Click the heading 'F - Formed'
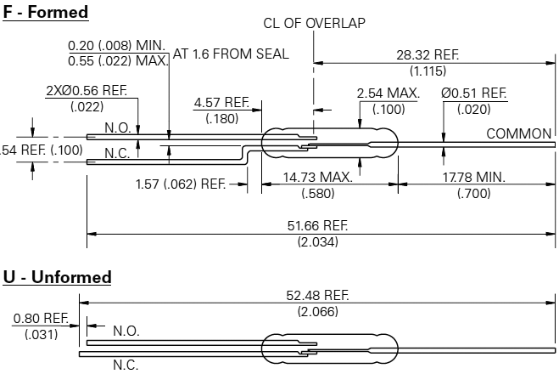pos(46,12)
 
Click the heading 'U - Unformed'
pos(57,277)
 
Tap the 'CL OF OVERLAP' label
pos(314,23)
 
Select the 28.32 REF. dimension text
pos(428,55)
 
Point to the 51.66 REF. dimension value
pos(317,226)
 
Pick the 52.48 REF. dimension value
pos(317,296)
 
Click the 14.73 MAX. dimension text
pos(317,177)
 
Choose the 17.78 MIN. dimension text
pos(474,177)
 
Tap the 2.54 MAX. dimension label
pos(389,93)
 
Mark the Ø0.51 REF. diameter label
pos(474,93)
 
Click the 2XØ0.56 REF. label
pos(87,91)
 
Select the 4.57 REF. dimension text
pos(221,103)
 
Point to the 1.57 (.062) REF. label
pos(181,184)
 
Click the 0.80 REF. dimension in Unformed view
pos(41,318)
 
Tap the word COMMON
pos(519,134)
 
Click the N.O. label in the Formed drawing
pos(118,127)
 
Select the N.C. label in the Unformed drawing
pos(126,365)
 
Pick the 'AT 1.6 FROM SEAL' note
pos(231,54)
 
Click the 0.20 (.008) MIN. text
pos(117,46)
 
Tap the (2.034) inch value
pos(317,242)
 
